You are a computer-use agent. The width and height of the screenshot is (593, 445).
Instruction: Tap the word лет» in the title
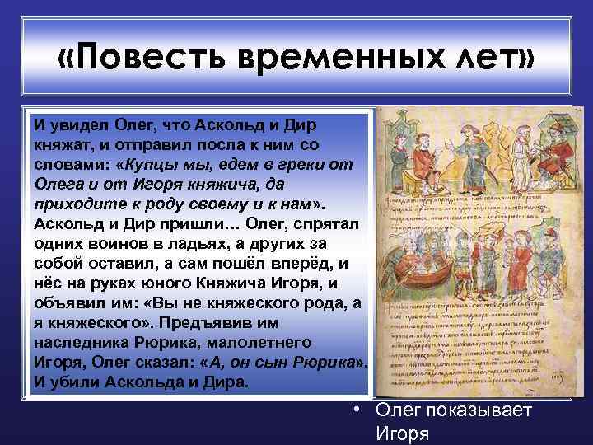pos(489,59)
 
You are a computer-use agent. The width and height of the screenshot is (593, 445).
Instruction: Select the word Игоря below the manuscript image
pos(401,433)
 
